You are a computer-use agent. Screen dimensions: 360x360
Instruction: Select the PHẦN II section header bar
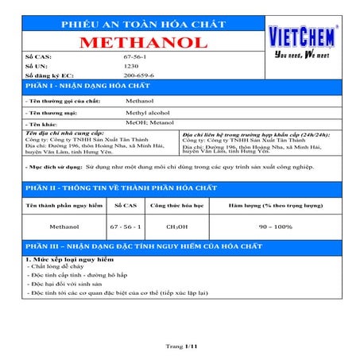tap(180, 188)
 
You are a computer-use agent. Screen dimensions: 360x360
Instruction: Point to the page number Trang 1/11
tap(180, 346)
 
